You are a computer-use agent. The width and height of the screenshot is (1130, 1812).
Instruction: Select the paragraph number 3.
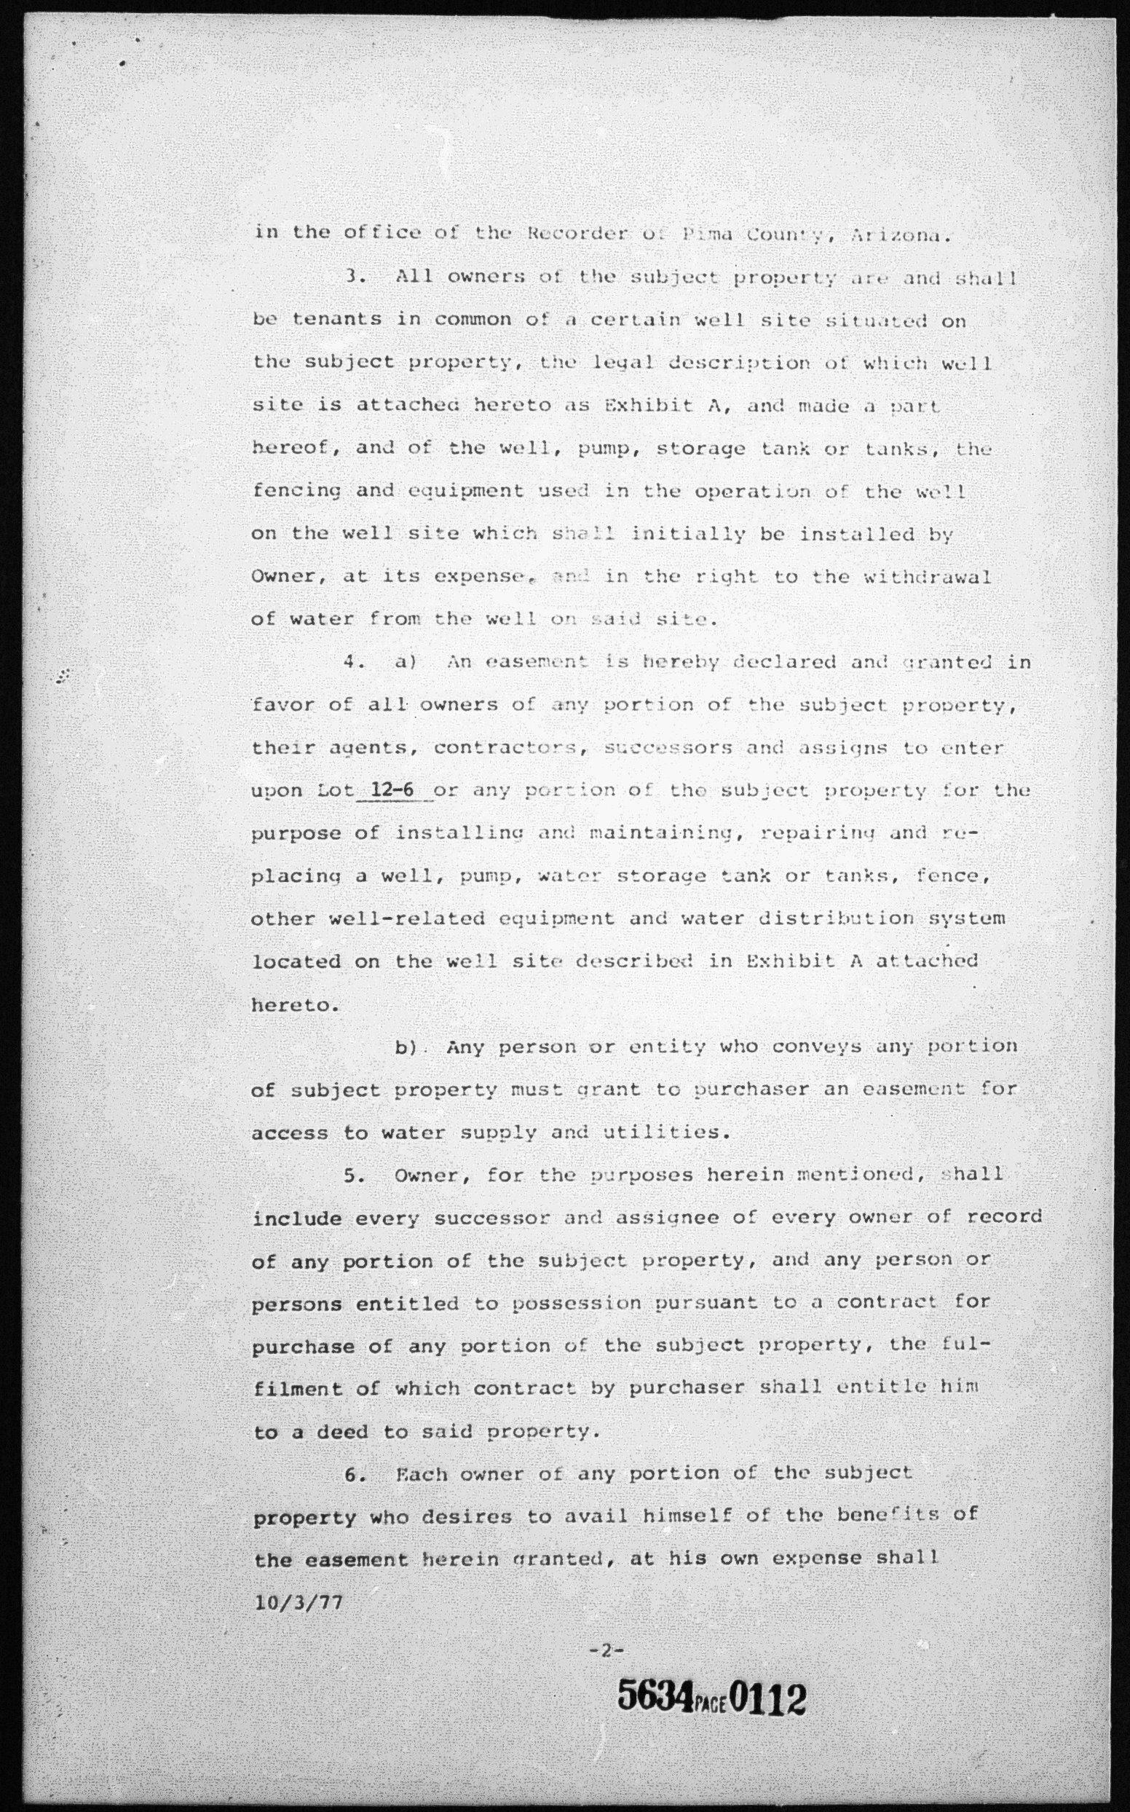(355, 276)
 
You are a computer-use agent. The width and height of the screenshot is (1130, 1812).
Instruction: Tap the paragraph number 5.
(355, 1174)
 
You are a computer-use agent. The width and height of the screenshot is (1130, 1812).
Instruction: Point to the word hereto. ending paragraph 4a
(295, 1004)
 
